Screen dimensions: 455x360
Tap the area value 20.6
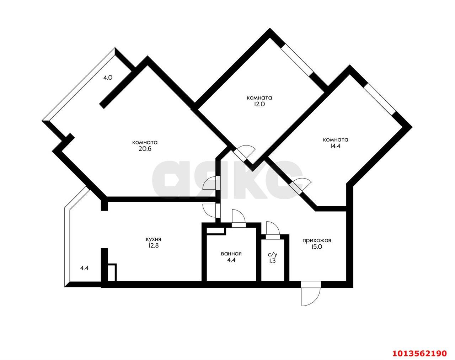point(145,149)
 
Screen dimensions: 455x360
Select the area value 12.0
point(259,104)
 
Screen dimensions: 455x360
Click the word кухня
point(154,239)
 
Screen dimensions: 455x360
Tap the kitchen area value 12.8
point(154,246)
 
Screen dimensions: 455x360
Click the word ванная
point(231,254)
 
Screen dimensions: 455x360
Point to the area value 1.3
point(272,261)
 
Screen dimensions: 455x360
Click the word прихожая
point(317,240)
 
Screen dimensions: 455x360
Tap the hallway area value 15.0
point(317,247)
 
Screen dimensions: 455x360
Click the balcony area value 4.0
point(108,78)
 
